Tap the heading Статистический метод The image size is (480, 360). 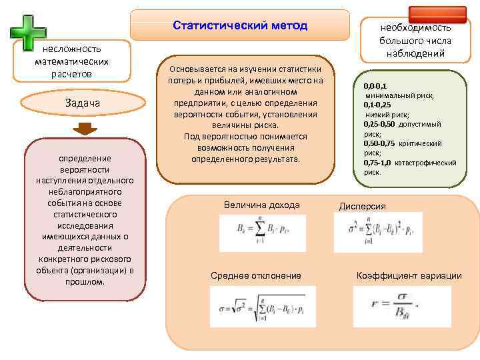click(x=240, y=25)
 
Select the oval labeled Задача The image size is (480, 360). click(x=83, y=103)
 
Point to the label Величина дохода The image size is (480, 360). click(x=262, y=205)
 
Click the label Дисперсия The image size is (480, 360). click(x=363, y=206)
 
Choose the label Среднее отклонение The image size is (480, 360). click(x=256, y=275)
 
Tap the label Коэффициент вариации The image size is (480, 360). click(x=409, y=275)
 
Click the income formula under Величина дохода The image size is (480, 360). click(x=262, y=233)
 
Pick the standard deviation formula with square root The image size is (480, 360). click(x=262, y=307)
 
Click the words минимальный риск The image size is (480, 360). click(x=399, y=96)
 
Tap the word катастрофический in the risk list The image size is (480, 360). click(x=426, y=163)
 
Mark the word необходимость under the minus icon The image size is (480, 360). click(x=415, y=28)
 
